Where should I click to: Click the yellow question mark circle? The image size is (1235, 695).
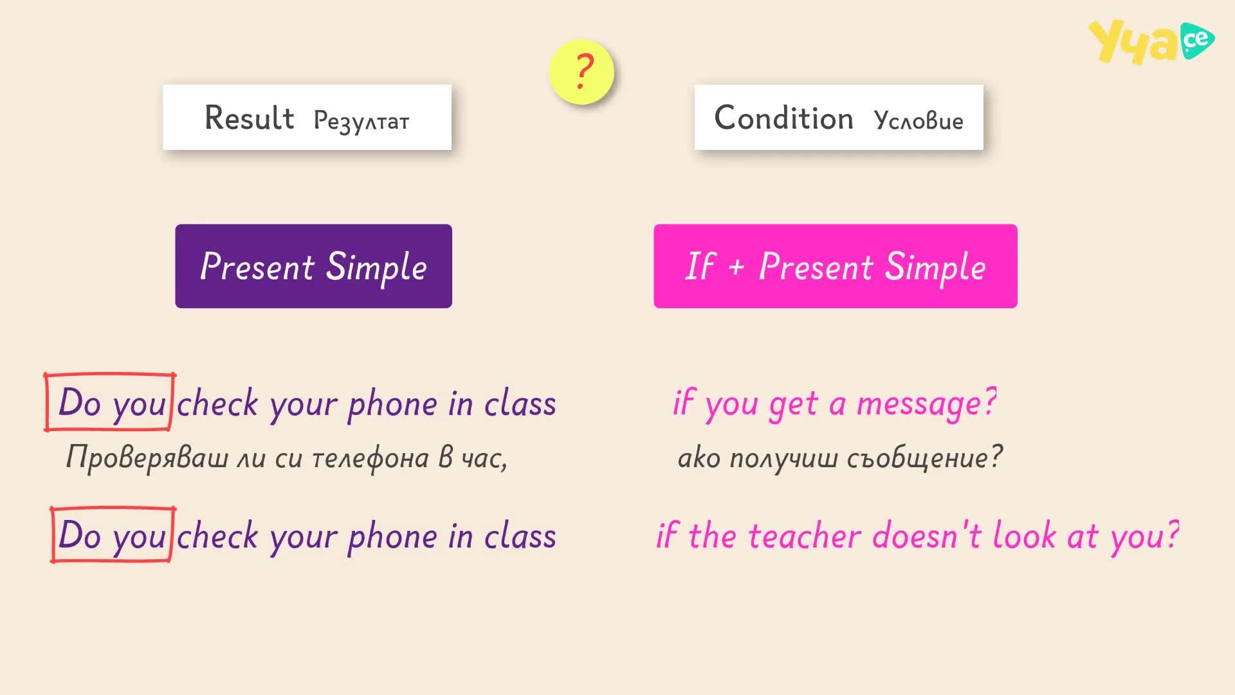point(581,71)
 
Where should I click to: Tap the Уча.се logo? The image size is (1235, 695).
point(1151,42)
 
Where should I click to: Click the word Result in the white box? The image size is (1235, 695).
point(249,118)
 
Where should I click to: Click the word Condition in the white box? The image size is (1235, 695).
point(783,118)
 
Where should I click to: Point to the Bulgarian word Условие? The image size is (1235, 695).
point(919,121)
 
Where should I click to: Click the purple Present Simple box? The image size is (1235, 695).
point(313,266)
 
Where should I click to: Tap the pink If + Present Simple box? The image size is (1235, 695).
point(835,266)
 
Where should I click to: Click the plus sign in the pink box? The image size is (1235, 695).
point(736,267)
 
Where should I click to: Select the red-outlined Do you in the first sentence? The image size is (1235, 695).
point(109,402)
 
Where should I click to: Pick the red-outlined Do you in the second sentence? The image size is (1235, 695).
point(113,535)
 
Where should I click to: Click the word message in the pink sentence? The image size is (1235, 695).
point(927,404)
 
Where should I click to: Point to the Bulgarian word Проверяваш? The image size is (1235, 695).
point(147,458)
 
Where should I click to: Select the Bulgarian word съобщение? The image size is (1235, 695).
point(924,458)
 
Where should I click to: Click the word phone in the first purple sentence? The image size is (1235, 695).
point(392,404)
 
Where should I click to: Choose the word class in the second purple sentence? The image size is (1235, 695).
point(520,535)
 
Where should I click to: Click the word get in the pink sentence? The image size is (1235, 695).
point(794,405)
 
